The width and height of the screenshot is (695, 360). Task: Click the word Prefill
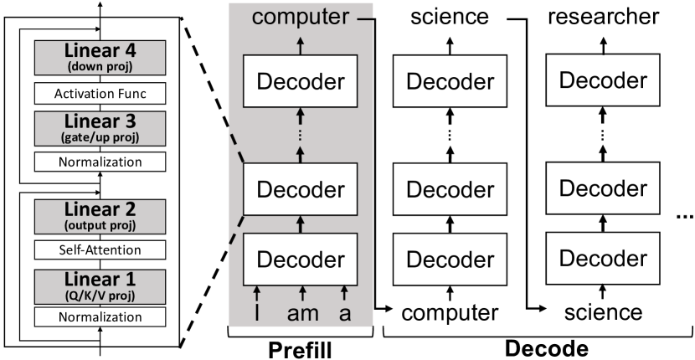[301, 348]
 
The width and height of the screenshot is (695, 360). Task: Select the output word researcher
[603, 16]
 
